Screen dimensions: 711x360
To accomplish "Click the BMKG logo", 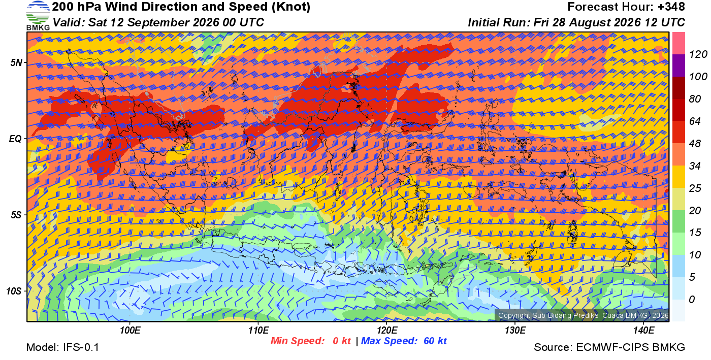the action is [38, 16].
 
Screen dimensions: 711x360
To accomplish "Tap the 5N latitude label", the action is [16, 62].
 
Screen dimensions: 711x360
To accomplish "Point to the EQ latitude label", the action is [15, 139].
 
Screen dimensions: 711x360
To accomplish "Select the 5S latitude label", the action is [16, 215].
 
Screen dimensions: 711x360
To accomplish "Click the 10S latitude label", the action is [14, 291].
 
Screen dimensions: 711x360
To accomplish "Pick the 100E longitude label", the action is [130, 331].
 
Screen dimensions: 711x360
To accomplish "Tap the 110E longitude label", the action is [258, 331].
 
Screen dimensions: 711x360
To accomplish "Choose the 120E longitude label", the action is [386, 331].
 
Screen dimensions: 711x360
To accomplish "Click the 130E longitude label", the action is [515, 331].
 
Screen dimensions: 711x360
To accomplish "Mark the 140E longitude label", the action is [643, 331].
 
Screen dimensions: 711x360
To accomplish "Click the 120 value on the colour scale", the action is [698, 54].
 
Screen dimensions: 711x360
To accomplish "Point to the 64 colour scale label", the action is [695, 121].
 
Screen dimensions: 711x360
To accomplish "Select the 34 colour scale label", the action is [695, 166].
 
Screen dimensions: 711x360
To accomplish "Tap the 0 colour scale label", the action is [692, 300].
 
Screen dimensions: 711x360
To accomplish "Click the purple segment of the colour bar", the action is [678, 66].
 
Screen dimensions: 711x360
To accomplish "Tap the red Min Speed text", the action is [298, 341].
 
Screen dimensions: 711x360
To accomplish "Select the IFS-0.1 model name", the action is [81, 347].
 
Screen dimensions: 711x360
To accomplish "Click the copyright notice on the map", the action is [584, 315].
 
